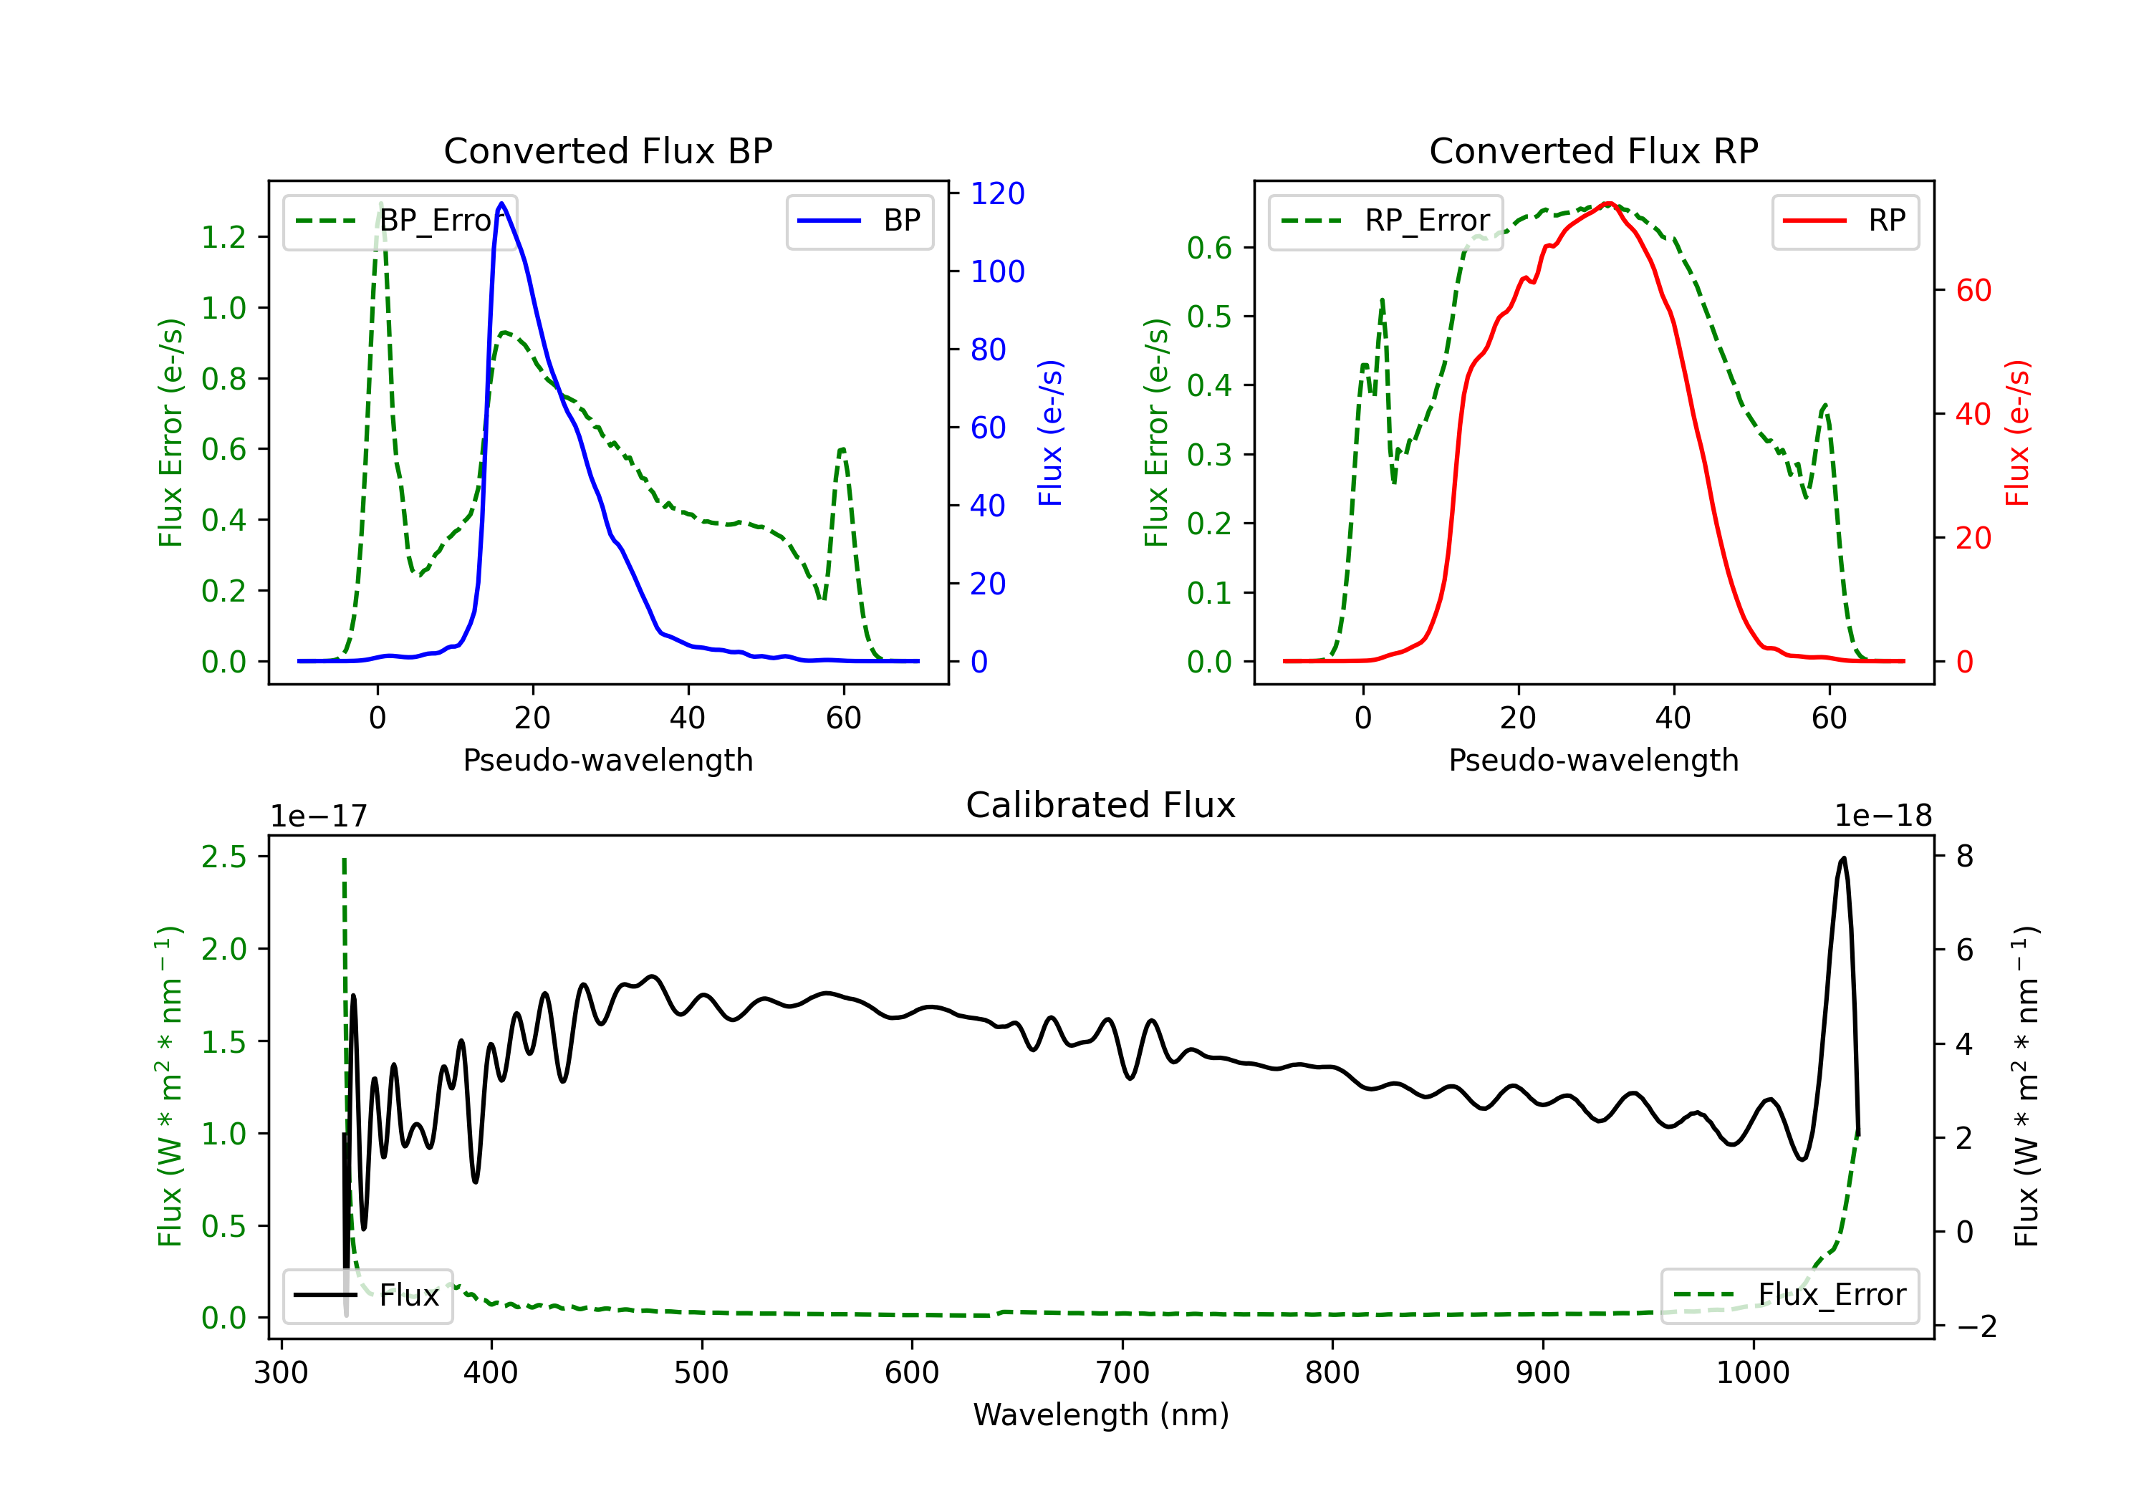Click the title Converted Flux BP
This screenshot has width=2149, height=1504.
(608, 150)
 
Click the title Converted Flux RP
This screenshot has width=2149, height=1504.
(1594, 150)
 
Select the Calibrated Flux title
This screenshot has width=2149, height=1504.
(1101, 805)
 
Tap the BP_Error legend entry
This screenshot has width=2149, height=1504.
(400, 221)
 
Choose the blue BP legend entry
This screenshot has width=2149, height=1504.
(859, 221)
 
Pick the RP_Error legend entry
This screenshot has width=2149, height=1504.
(1385, 221)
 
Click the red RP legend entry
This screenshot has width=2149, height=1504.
(1845, 221)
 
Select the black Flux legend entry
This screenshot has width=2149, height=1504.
(367, 1296)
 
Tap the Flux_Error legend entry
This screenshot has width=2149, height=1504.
(1789, 1296)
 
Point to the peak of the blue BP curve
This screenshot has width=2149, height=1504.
(501, 203)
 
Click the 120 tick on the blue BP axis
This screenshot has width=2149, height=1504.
(998, 194)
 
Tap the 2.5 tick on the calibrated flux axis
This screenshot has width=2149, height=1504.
(223, 857)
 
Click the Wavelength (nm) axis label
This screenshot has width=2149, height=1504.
(1101, 1414)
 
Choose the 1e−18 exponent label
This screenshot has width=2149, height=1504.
(1883, 816)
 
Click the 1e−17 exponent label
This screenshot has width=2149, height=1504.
(319, 816)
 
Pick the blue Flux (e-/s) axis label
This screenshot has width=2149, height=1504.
(1050, 433)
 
